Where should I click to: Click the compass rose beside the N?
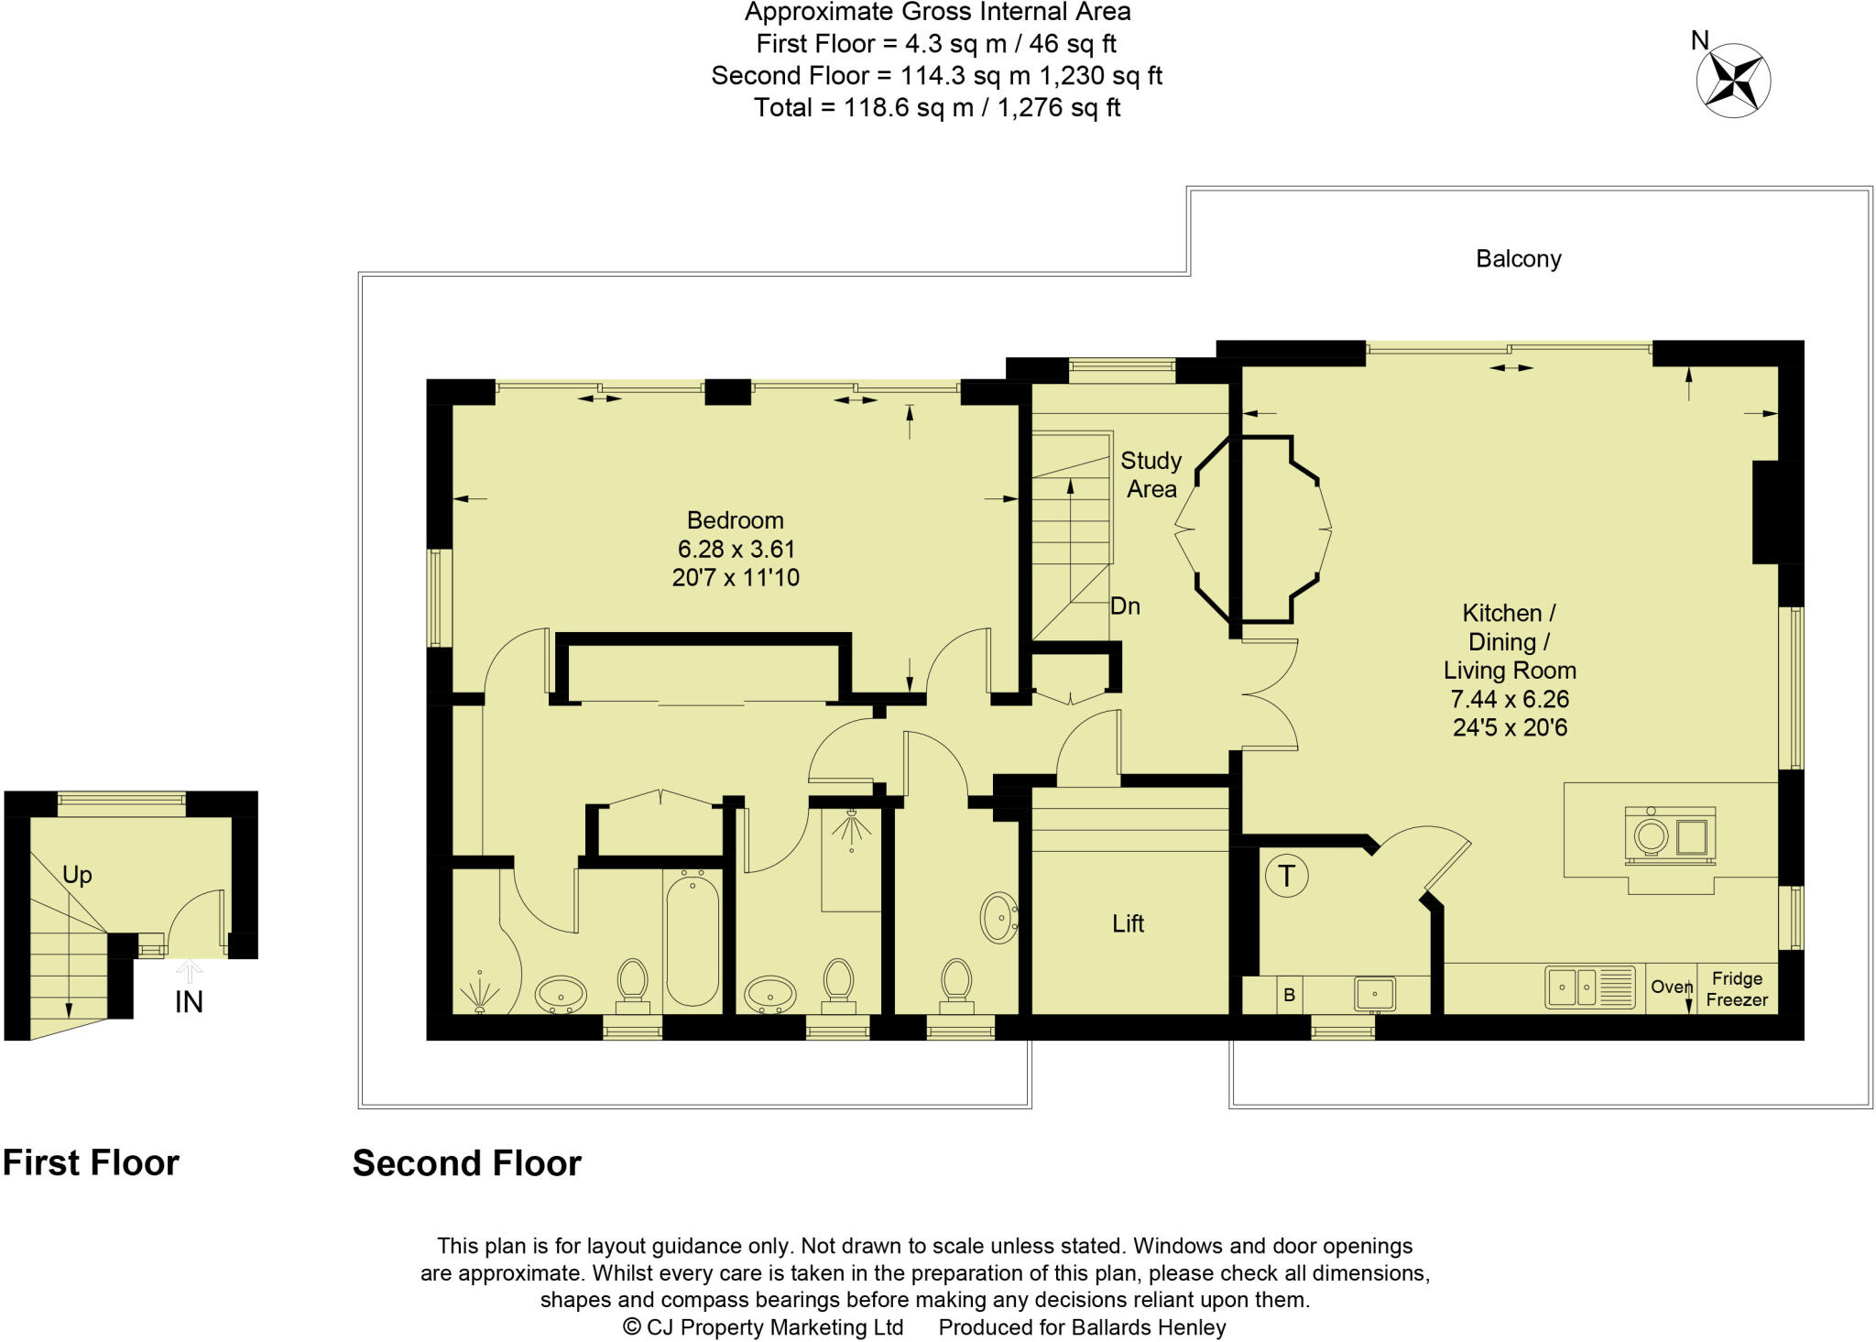(1733, 81)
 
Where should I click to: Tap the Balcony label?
(1518, 259)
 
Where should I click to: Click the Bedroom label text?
(735, 520)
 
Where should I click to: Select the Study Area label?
(1151, 475)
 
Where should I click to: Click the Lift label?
(1128, 923)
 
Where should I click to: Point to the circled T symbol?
(1286, 877)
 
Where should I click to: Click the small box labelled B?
(1289, 995)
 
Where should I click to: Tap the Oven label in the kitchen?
(1671, 987)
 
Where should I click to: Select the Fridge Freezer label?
(1737, 989)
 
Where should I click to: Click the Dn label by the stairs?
(1125, 606)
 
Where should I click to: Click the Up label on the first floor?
(77, 875)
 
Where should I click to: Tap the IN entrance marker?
(189, 1002)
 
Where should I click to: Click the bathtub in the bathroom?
(693, 941)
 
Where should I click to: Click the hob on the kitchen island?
(1669, 835)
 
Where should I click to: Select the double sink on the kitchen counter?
(1589, 987)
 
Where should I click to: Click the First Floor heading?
(91, 1163)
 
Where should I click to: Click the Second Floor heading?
(466, 1163)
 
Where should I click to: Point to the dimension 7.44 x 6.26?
(1510, 699)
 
